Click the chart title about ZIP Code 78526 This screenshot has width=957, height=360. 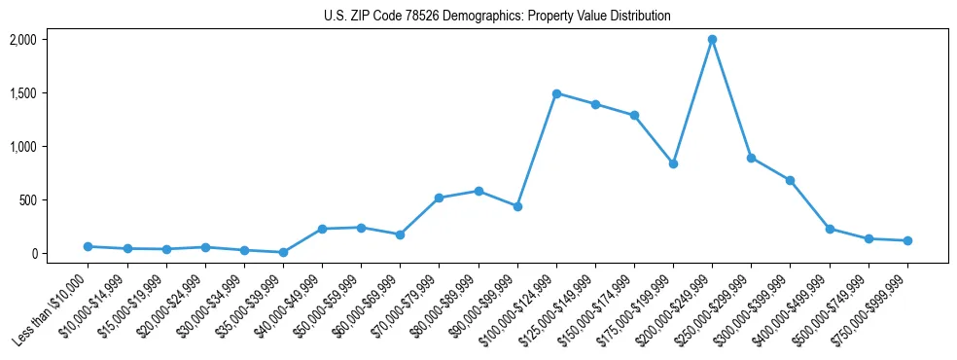497,17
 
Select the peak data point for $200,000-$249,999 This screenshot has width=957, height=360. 712,40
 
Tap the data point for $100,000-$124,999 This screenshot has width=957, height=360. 556,93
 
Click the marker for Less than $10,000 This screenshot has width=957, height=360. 88,246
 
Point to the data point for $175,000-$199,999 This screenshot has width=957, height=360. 673,163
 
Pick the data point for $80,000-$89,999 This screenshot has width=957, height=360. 478,191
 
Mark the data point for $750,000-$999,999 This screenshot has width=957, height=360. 907,240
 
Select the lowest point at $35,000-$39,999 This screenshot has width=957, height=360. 283,252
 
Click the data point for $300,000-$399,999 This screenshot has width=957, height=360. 791,180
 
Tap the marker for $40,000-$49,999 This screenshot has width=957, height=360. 322,229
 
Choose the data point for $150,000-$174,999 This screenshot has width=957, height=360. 634,115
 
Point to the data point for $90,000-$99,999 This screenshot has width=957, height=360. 517,206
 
